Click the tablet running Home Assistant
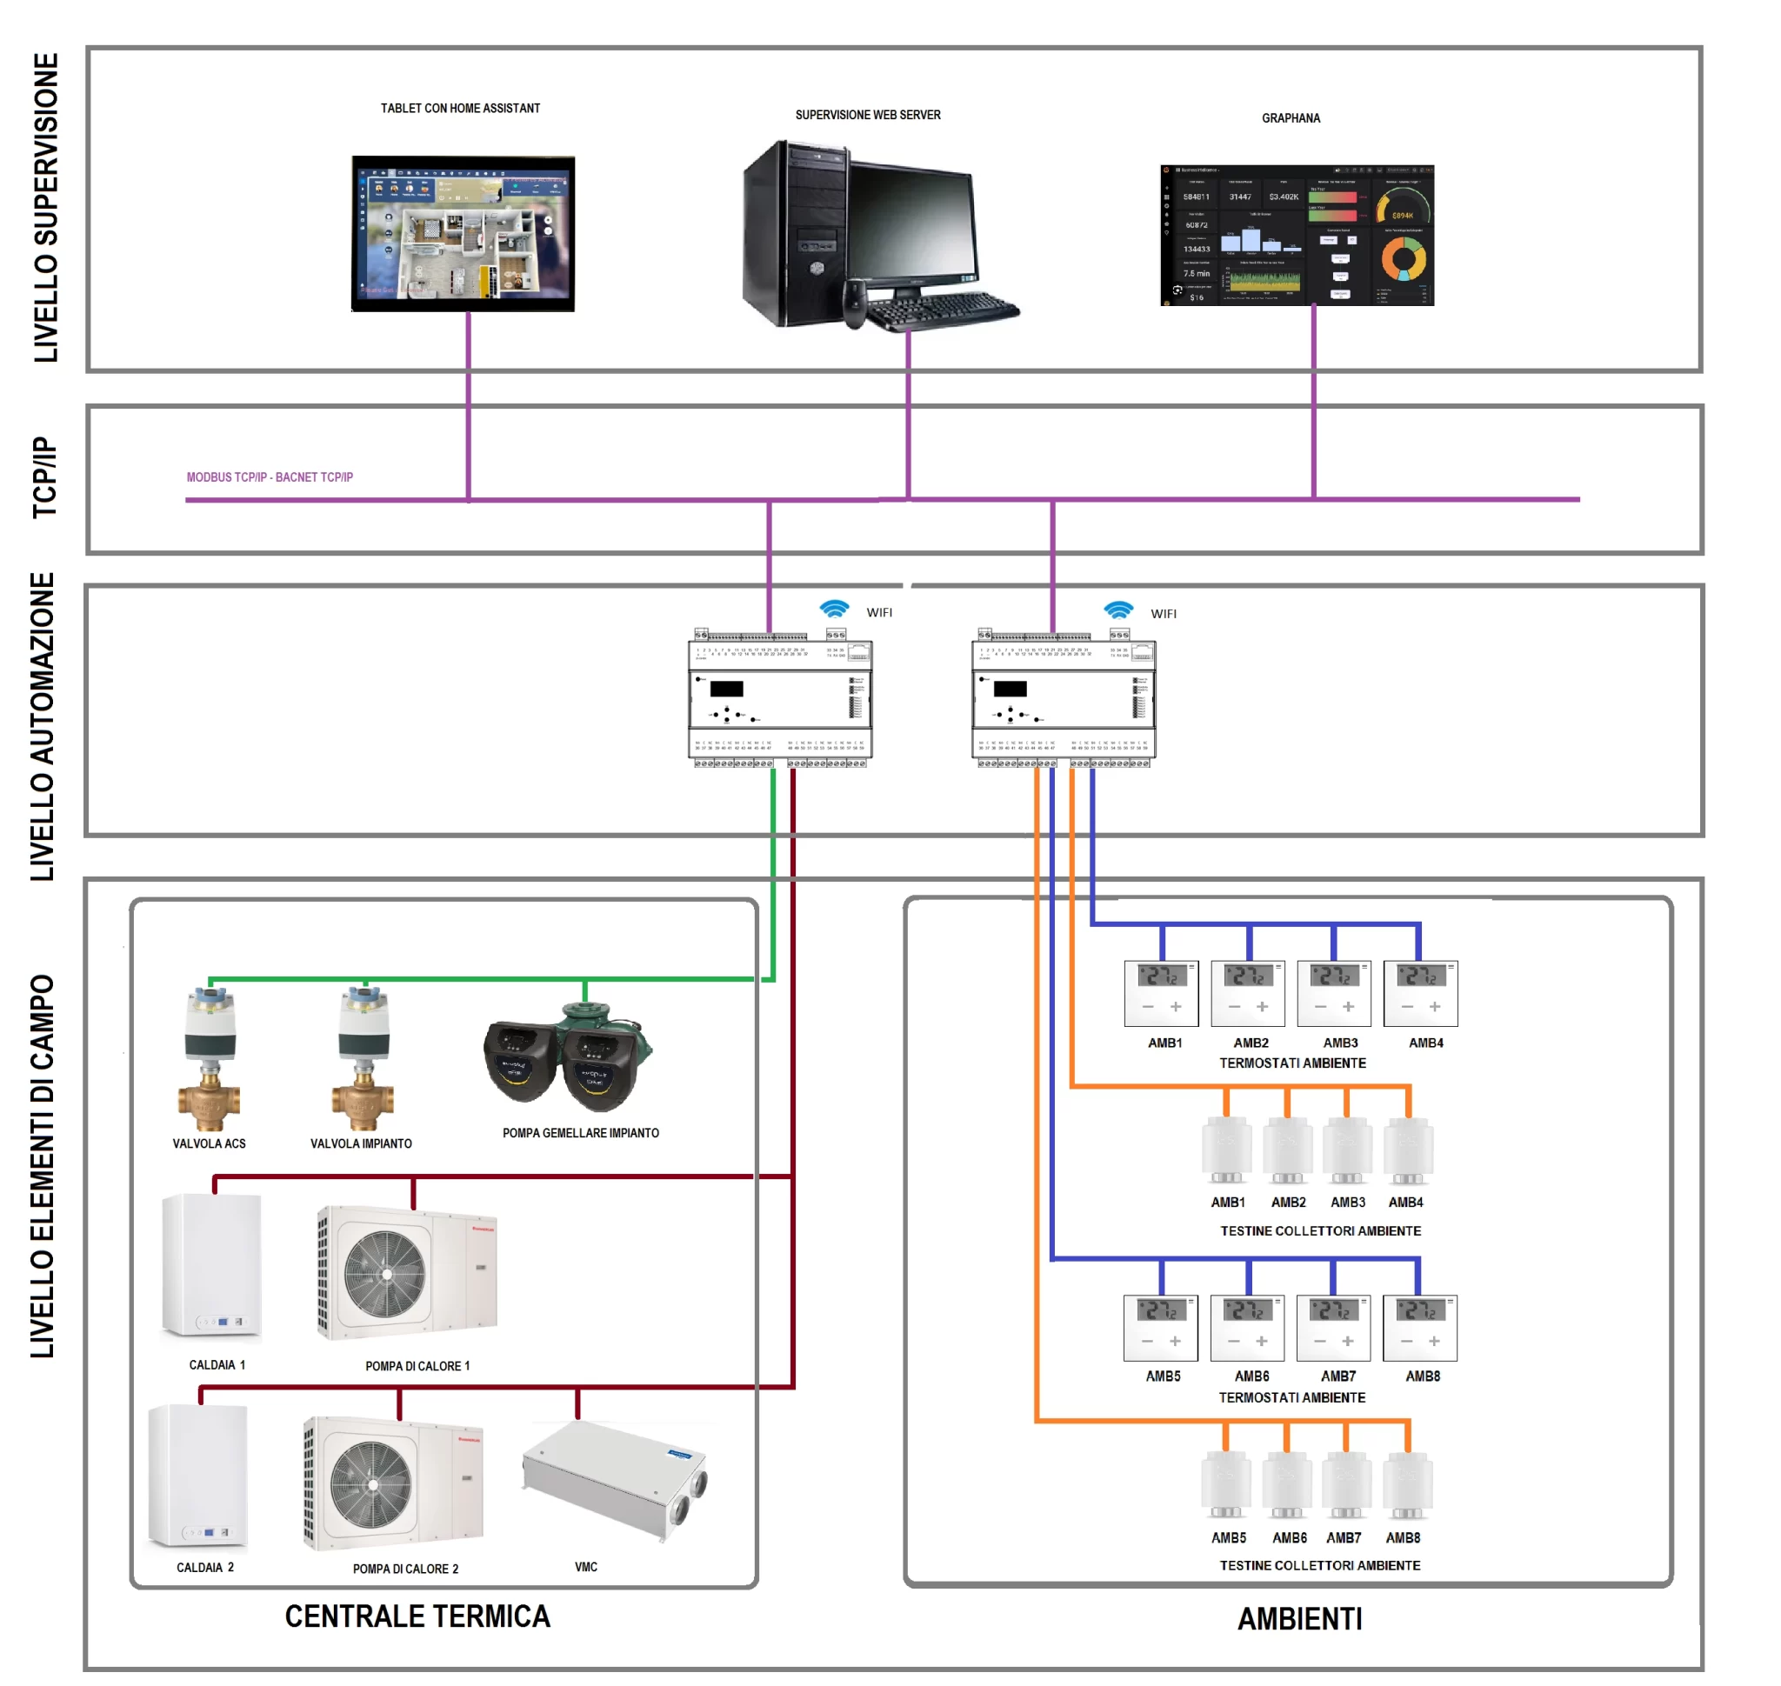point(462,234)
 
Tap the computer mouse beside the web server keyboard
point(854,303)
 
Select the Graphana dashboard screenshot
point(1297,236)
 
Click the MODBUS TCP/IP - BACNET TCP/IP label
point(270,477)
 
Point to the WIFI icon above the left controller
point(834,610)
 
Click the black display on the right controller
point(1010,690)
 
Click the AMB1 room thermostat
point(1161,993)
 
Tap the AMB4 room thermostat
point(1420,993)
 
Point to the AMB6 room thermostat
point(1247,1328)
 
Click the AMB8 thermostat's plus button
point(1434,1341)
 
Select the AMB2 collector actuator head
point(1287,1150)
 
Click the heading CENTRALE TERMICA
point(417,1616)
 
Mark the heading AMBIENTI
point(1300,1620)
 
